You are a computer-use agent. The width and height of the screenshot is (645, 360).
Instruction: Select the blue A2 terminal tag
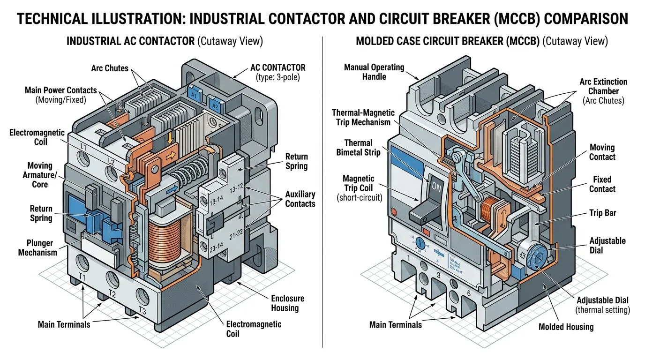[215, 106]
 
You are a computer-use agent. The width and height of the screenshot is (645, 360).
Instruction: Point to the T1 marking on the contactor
[81, 277]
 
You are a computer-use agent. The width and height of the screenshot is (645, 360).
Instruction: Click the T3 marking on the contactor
[143, 311]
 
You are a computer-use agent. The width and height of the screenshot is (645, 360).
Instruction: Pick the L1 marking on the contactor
[83, 147]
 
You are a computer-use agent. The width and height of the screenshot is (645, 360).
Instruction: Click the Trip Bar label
[602, 213]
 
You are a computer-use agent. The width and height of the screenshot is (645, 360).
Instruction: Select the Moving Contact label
[602, 152]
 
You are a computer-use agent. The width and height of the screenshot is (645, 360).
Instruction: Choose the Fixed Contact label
[602, 184]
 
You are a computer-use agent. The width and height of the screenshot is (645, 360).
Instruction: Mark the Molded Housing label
[566, 327]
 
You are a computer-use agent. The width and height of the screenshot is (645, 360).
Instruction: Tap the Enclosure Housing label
[287, 303]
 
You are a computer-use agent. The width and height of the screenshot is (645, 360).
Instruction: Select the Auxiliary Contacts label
[300, 199]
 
